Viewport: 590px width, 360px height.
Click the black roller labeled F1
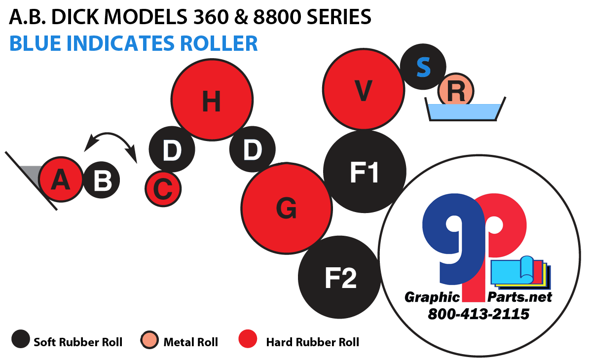(x=365, y=172)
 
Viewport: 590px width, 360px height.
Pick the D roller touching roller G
(x=252, y=149)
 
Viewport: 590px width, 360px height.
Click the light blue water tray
(x=465, y=111)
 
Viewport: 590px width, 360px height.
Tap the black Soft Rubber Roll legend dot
(x=20, y=340)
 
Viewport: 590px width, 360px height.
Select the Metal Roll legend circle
(x=149, y=340)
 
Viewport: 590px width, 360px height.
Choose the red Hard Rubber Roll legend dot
(x=248, y=340)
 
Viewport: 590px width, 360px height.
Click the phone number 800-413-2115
(x=478, y=313)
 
